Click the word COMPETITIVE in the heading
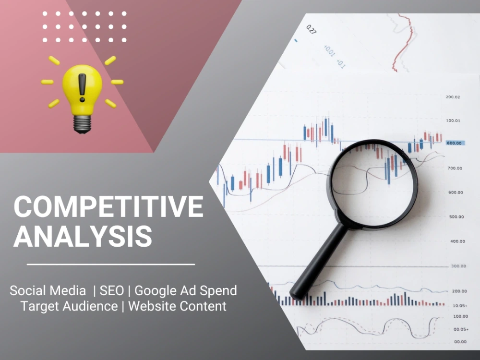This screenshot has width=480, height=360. point(108,207)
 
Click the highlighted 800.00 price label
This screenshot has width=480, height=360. point(454,143)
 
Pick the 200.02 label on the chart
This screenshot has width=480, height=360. point(453,97)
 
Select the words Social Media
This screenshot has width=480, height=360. point(48,290)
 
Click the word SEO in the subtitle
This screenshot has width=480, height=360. point(111,290)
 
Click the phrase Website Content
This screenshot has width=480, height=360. point(177,306)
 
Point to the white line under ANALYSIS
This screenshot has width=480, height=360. point(111,264)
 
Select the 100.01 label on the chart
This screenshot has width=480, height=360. point(453,120)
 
